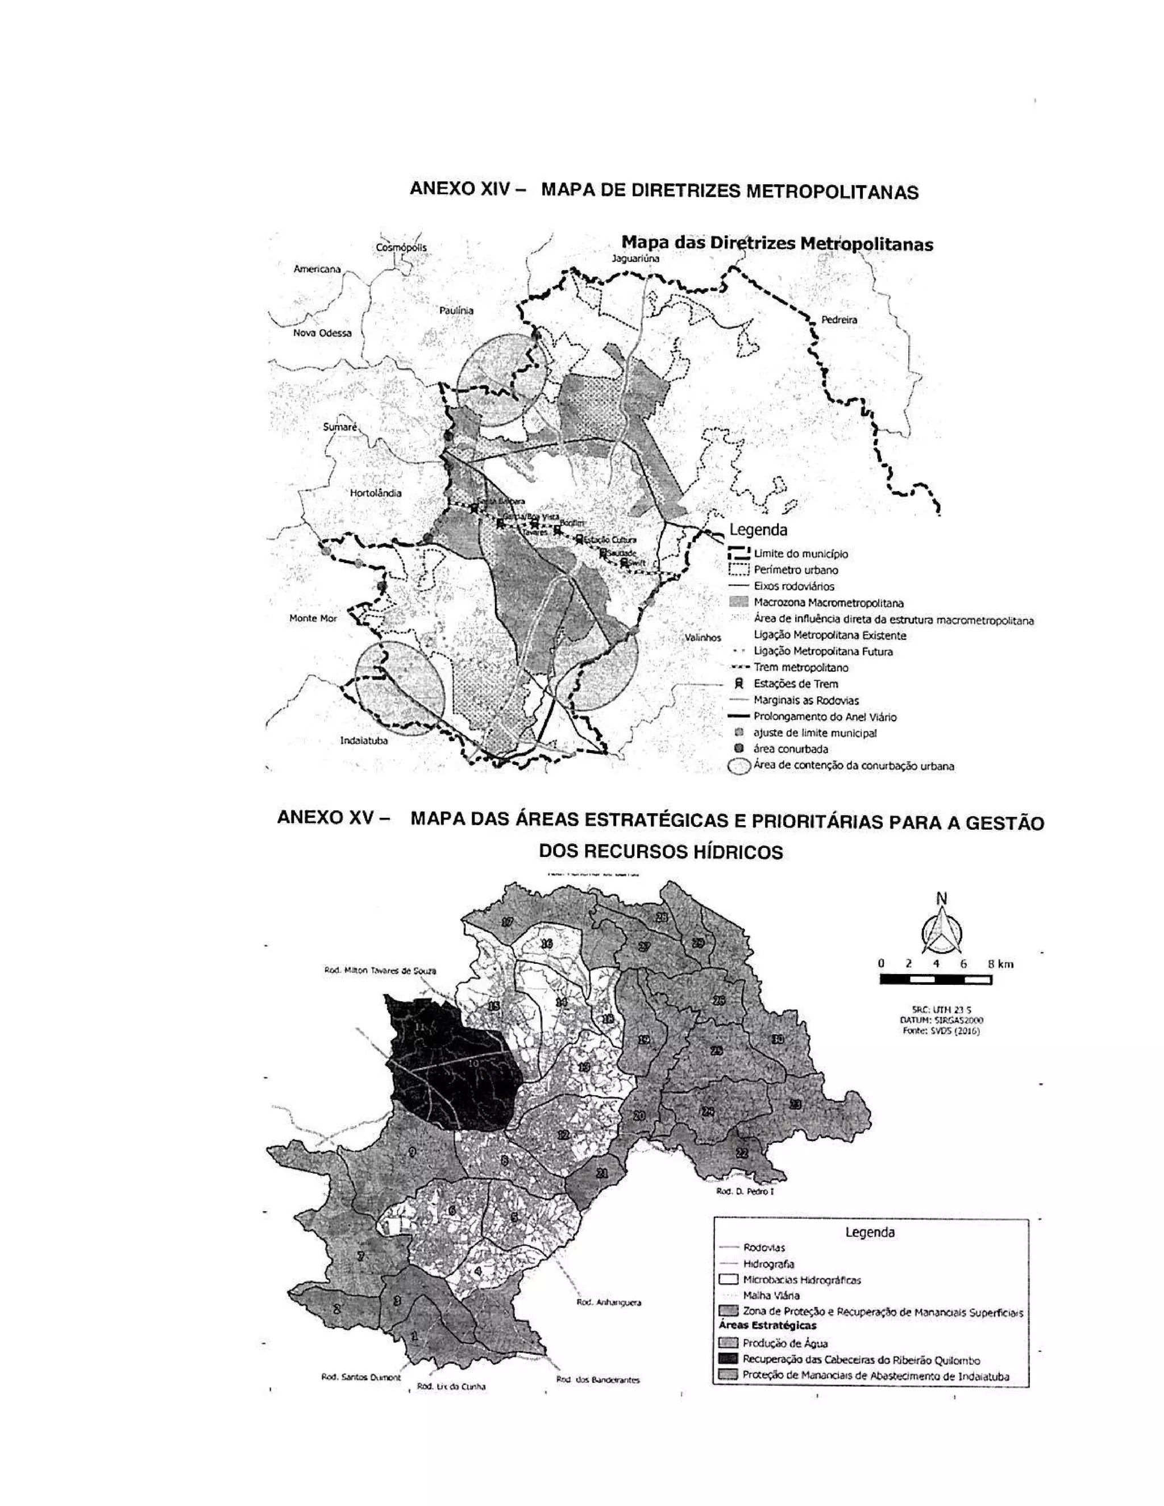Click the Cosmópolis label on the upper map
[x=401, y=248]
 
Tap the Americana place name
[x=317, y=269]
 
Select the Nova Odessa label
[x=322, y=333]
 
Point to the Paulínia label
[x=456, y=310]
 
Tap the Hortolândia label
[x=376, y=493]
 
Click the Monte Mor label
[x=313, y=618]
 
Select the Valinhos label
[x=702, y=638]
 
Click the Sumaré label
[x=340, y=427]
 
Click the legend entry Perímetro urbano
[x=796, y=570]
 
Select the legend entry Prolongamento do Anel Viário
[x=825, y=717]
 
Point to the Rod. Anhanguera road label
[x=608, y=1303]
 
